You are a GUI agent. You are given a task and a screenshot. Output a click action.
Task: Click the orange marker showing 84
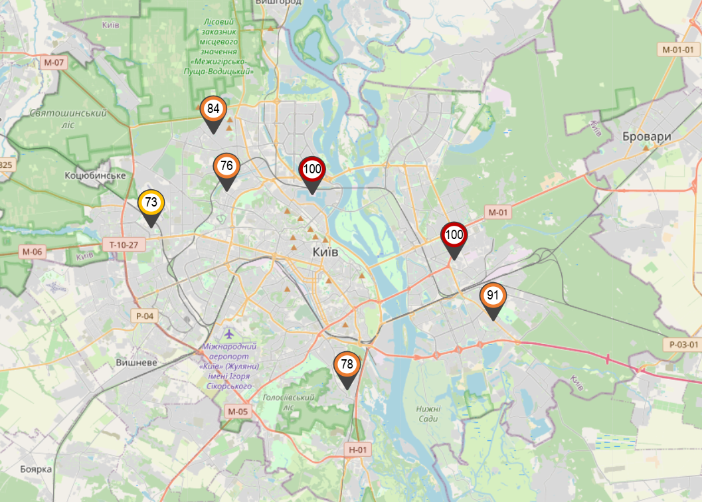(x=213, y=110)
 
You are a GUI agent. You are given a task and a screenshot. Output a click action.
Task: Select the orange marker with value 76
(x=226, y=167)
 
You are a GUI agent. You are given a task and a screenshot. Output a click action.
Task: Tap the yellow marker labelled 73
(x=151, y=203)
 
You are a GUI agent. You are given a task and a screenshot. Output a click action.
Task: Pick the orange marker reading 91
(x=493, y=296)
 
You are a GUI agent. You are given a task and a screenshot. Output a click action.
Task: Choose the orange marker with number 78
(x=347, y=365)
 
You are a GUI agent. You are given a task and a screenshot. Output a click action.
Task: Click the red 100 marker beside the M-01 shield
(x=454, y=235)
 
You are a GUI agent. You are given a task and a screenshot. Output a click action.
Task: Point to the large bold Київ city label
(x=325, y=252)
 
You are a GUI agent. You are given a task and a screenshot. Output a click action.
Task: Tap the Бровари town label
(x=647, y=137)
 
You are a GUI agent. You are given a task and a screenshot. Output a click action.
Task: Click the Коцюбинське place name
(x=96, y=175)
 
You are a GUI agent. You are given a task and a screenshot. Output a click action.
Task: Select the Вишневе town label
(x=136, y=363)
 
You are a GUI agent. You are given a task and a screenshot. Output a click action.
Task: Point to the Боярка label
(x=36, y=469)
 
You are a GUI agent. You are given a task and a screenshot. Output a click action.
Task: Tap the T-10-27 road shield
(x=124, y=245)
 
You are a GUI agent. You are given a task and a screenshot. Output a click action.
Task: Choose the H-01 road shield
(x=357, y=450)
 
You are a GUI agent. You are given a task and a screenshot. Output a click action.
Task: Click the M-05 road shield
(x=237, y=412)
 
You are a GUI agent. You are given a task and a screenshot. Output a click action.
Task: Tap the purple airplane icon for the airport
(x=229, y=333)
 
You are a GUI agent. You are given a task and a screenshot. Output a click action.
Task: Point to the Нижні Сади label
(x=429, y=413)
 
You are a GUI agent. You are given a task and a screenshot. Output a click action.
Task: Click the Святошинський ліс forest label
(x=68, y=118)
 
